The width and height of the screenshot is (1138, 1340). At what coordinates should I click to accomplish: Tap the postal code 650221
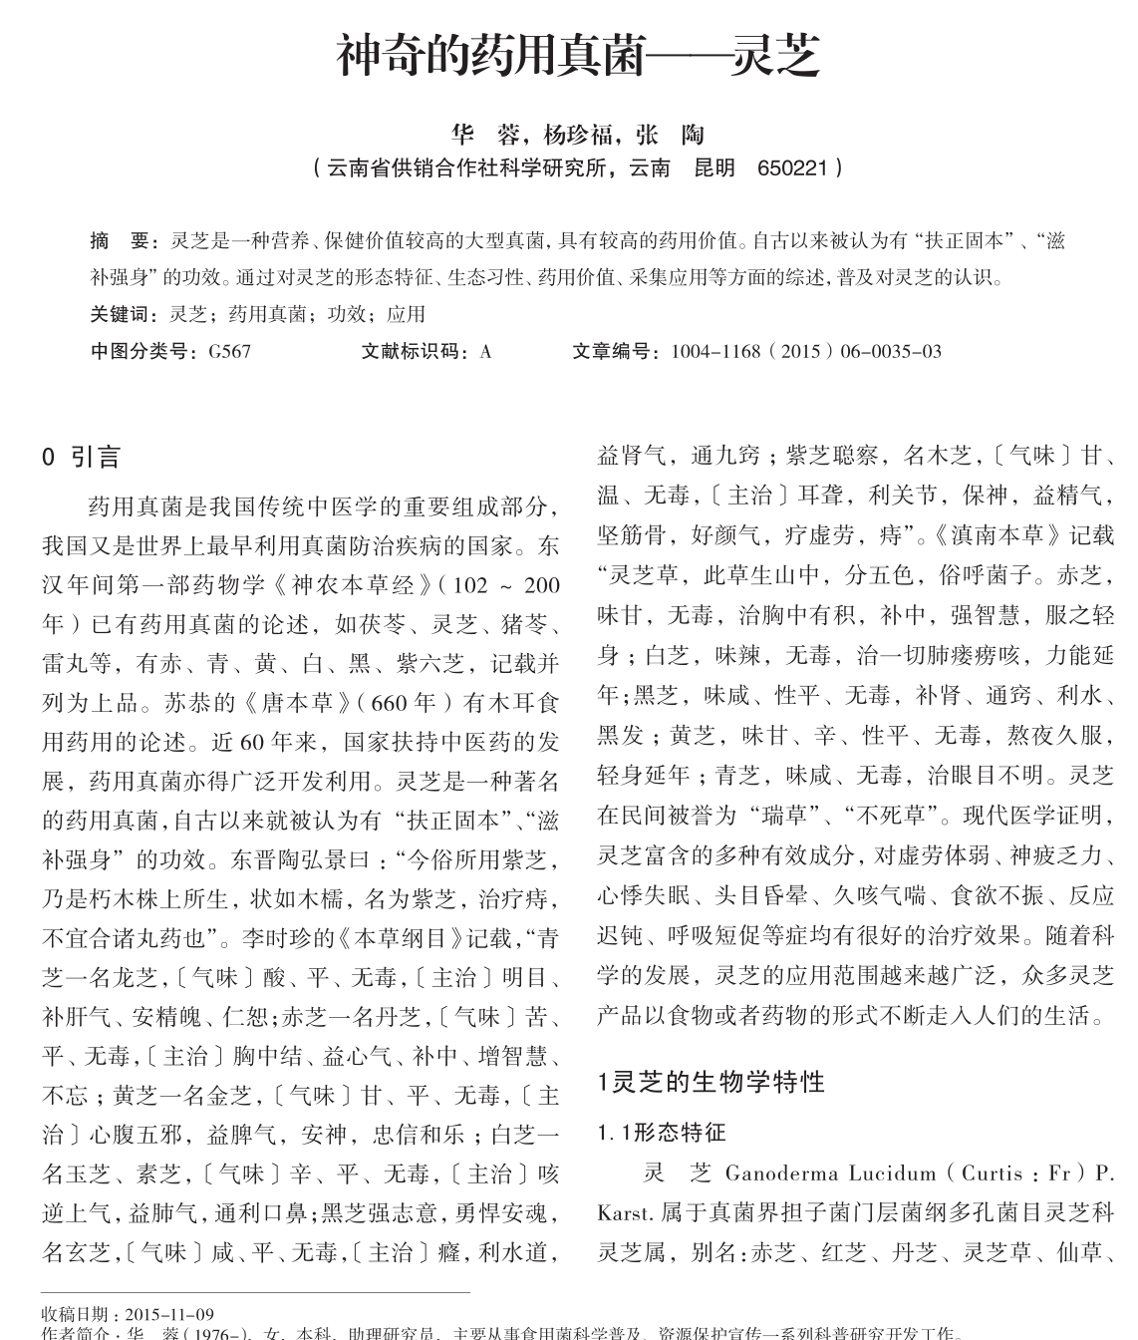coord(792,167)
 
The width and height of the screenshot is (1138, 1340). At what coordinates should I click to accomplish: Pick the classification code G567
coord(229,351)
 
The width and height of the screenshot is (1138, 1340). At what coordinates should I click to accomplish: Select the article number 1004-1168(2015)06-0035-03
coord(805,351)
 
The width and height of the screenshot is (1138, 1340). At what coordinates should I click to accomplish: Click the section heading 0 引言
coord(82,458)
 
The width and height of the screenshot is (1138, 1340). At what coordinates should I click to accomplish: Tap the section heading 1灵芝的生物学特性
coord(711,1082)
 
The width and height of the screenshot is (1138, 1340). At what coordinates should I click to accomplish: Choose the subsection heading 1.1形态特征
coord(662,1133)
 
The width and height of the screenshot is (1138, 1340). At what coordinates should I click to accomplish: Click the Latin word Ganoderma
coord(779,1172)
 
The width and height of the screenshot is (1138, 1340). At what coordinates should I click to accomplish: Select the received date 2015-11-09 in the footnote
coord(170,1314)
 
